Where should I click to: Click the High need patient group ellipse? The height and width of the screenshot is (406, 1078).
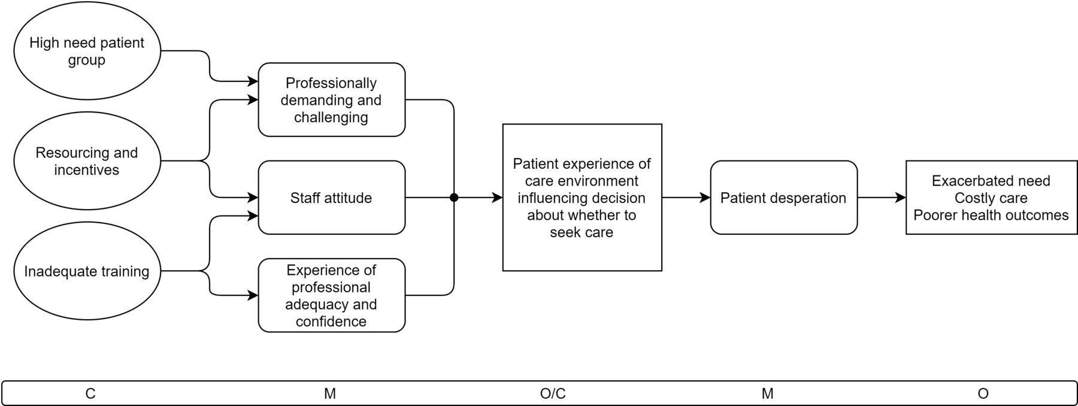(87, 51)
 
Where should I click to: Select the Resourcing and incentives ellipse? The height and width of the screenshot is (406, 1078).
(87, 160)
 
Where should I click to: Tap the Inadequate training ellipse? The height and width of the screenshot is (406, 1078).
(87, 271)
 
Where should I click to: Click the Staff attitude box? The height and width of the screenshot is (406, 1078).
(332, 198)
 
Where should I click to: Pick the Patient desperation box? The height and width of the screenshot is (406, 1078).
(784, 198)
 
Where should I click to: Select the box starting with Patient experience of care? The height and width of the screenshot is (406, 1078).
(582, 198)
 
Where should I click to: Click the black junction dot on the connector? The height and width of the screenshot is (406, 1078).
(454, 198)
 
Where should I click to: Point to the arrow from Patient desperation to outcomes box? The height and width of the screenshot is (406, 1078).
(882, 198)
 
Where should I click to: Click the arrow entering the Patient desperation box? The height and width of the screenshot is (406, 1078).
(686, 198)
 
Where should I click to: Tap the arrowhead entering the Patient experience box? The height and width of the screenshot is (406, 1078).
(497, 198)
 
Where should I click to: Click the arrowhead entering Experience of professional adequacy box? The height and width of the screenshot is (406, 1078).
(253, 295)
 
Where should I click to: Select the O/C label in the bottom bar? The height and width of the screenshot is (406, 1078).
(553, 393)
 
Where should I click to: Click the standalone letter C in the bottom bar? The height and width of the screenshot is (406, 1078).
(90, 393)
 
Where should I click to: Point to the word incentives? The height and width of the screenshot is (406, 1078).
(87, 170)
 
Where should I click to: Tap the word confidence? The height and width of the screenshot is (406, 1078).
(331, 322)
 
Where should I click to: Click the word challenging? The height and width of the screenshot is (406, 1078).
(331, 117)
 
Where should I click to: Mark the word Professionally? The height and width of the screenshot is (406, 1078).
(331, 83)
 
